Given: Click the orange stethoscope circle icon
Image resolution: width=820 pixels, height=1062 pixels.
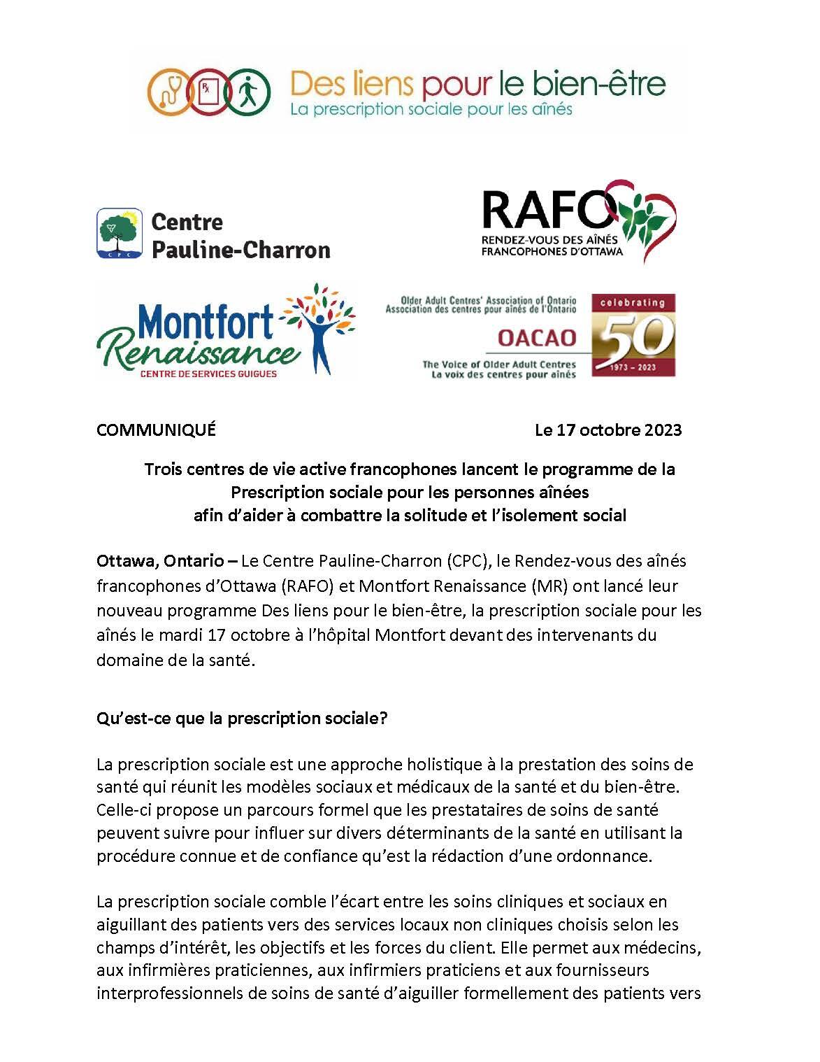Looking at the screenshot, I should pyautogui.click(x=171, y=92).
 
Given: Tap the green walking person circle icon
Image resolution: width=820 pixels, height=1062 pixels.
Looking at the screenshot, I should pyautogui.click(x=247, y=92).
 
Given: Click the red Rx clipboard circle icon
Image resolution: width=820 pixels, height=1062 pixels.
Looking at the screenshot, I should pyautogui.click(x=208, y=92).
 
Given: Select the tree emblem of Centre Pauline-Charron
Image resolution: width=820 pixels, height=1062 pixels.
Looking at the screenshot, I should pyautogui.click(x=120, y=233).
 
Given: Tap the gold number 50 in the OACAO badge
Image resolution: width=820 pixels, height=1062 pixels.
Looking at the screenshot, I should pyautogui.click(x=633, y=337).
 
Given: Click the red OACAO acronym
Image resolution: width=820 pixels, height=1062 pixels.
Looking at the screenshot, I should pyautogui.click(x=537, y=339).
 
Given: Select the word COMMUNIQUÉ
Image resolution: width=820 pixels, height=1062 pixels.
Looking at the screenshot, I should pyautogui.click(x=156, y=430).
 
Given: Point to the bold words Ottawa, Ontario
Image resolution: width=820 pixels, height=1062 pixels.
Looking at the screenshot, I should pyautogui.click(x=160, y=560).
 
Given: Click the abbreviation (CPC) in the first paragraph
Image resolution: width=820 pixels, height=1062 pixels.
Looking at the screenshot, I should pyautogui.click(x=466, y=560).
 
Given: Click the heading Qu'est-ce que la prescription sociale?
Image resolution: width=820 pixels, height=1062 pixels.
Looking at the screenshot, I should pyautogui.click(x=242, y=718).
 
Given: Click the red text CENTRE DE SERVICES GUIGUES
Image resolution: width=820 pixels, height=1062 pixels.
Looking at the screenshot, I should pyautogui.click(x=209, y=374).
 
